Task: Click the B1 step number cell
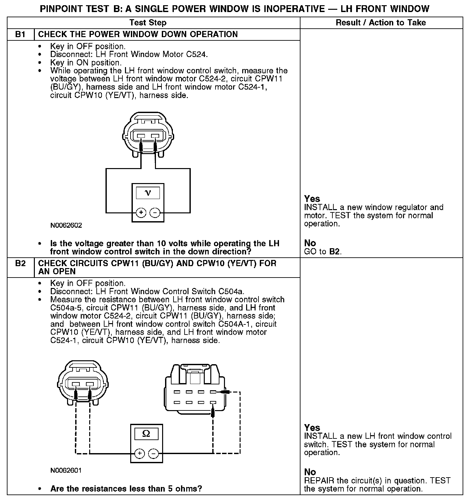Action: (21, 35)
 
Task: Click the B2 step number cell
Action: (21, 263)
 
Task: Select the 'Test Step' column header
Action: (148, 22)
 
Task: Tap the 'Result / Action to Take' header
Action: (381, 22)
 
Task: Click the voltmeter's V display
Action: (148, 193)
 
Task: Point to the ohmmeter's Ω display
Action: (146, 434)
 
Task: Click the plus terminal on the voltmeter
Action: (141, 213)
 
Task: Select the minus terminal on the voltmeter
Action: (155, 213)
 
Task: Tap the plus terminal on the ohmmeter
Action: (139, 453)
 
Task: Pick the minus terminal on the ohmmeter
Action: (153, 453)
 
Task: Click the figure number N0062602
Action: (66, 225)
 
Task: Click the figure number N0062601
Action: (66, 470)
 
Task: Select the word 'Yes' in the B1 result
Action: (312, 199)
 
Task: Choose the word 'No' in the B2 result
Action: (310, 472)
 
